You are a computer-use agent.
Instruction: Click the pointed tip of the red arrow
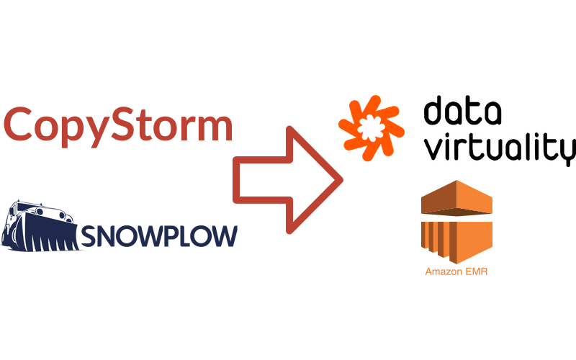click(338, 180)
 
